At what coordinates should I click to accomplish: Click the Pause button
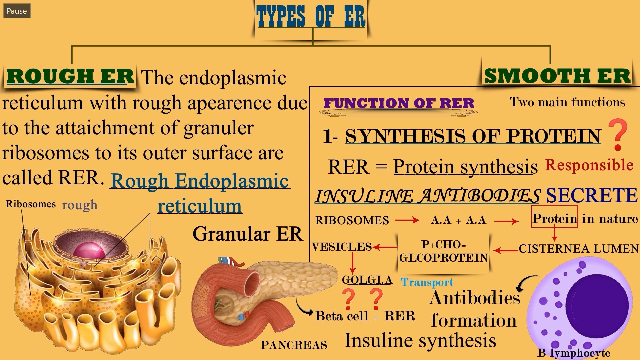tap(17, 11)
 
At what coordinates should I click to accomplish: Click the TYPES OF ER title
tap(311, 17)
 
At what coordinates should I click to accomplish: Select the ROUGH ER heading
tap(70, 76)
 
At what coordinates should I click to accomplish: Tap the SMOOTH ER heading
tap(557, 76)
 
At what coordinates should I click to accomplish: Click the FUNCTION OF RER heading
tap(399, 103)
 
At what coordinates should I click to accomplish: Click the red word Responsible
tap(589, 165)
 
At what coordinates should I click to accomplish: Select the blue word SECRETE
tap(591, 195)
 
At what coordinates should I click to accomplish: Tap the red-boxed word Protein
tap(555, 219)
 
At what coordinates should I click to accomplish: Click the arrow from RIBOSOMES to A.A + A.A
tap(407, 220)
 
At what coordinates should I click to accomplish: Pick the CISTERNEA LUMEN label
tap(579, 249)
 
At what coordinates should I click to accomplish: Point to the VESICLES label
tap(342, 247)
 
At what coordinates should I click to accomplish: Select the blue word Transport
tap(427, 282)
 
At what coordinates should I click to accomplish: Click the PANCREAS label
tap(294, 345)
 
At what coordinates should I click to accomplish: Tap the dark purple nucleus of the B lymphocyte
tap(597, 305)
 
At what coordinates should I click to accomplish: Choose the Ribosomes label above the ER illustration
tap(31, 204)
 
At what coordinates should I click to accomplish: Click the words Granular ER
tap(248, 234)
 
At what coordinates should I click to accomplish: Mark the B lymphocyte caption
tap(574, 353)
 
